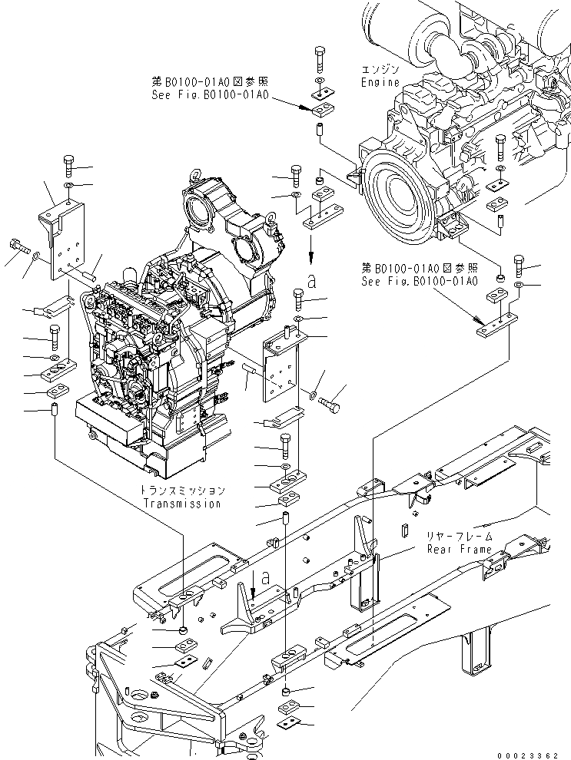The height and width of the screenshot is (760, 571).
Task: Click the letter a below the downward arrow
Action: coord(310,282)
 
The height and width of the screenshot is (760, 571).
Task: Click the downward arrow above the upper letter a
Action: coord(310,249)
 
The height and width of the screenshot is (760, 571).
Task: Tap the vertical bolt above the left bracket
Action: coord(67,166)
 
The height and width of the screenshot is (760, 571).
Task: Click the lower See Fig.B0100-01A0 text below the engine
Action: coord(420,281)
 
